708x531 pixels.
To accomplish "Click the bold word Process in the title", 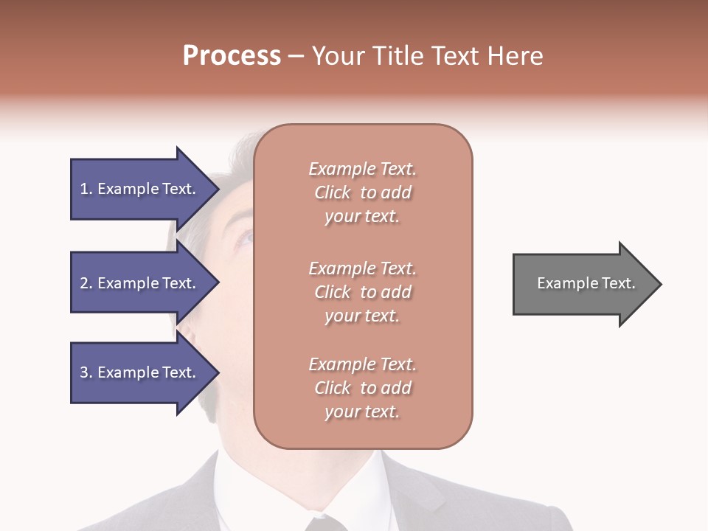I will click(x=232, y=56).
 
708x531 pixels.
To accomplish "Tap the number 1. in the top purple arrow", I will click(x=86, y=189).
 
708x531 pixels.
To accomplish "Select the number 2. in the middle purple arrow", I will click(x=86, y=283).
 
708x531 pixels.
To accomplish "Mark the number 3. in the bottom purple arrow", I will click(x=86, y=372).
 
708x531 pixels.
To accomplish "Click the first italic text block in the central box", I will click(x=363, y=192).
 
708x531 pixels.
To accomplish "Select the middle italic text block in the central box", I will click(x=363, y=292).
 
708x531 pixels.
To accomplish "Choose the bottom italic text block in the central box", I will click(x=363, y=388).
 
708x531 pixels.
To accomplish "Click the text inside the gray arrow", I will click(x=586, y=283).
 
